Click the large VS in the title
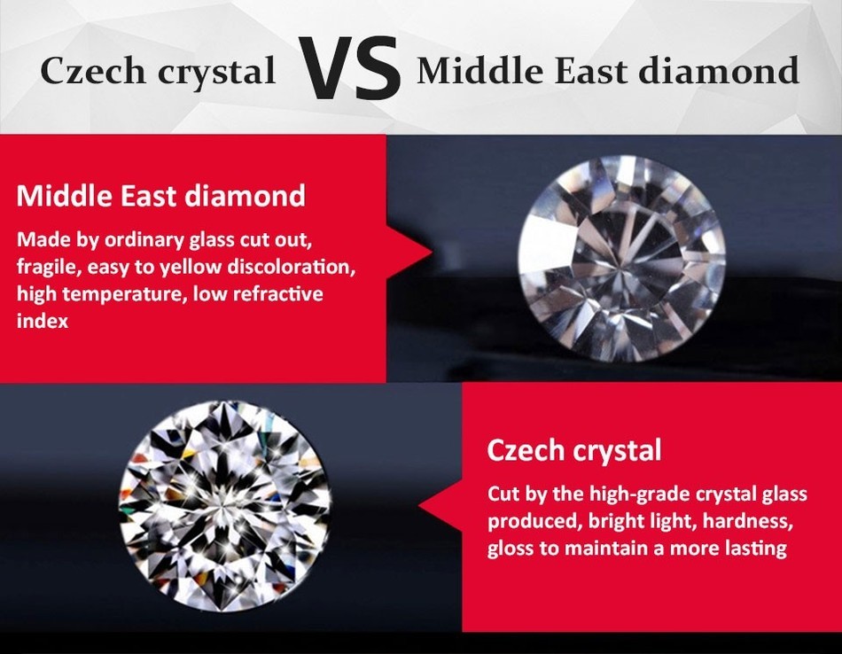pyautogui.click(x=349, y=68)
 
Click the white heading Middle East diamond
pyautogui.click(x=161, y=196)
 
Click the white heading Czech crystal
pyautogui.click(x=574, y=450)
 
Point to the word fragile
pyautogui.click(x=47, y=267)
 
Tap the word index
pyautogui.click(x=43, y=321)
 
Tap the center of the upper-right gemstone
pyautogui.click(x=621, y=258)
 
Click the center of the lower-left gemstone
pyautogui.click(x=224, y=505)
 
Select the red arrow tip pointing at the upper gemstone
pyautogui.click(x=432, y=252)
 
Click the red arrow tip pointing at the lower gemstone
pyautogui.click(x=420, y=505)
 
